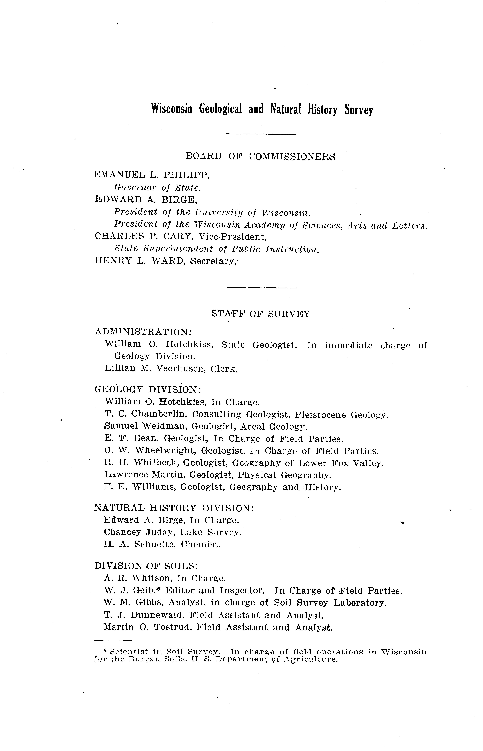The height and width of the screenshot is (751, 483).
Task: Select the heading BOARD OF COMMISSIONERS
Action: pyautogui.click(x=261, y=156)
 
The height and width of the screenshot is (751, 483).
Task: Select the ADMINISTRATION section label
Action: pyautogui.click(x=143, y=332)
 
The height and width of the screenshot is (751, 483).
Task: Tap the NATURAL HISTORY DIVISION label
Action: pyautogui.click(x=174, y=508)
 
